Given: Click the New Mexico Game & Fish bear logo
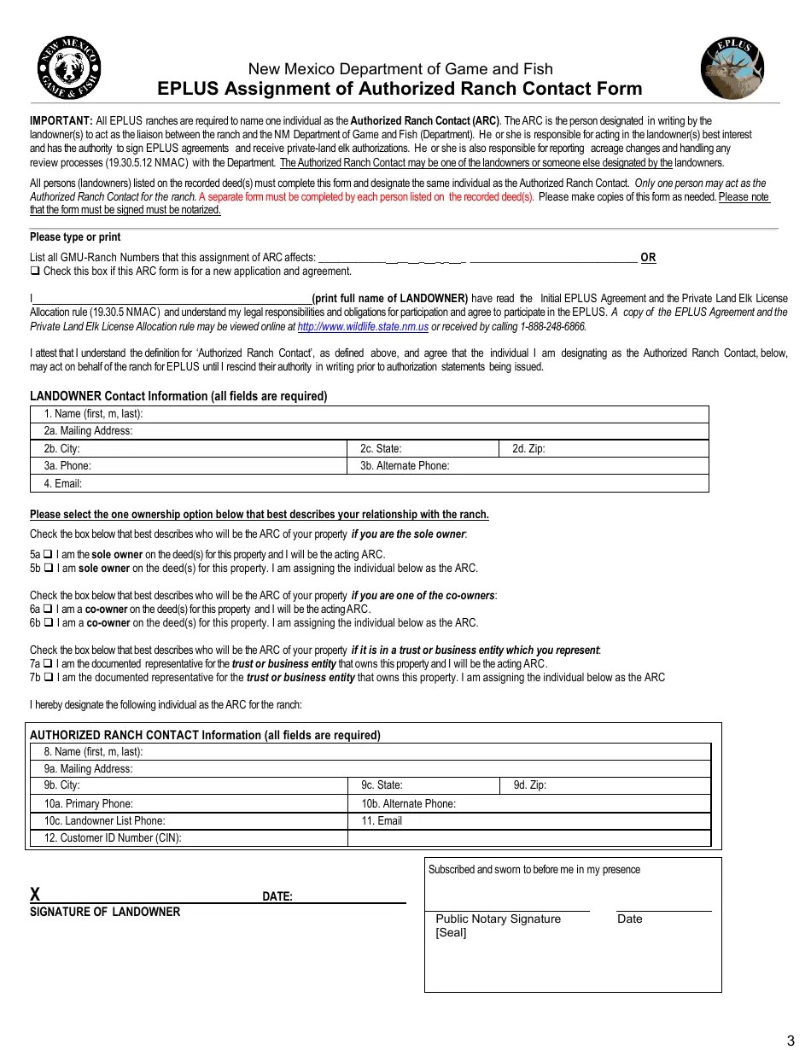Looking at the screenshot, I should [69, 69].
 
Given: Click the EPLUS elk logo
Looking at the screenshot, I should [732, 69].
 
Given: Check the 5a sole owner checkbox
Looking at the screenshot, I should [49, 554].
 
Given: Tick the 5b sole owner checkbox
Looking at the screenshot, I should [49, 568].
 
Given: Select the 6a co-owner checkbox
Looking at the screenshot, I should [49, 610].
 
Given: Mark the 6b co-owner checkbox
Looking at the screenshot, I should [49, 623].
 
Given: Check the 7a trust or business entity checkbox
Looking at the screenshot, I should [49, 664].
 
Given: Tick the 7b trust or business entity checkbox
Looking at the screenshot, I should [49, 678].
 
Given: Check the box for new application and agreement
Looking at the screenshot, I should [35, 271].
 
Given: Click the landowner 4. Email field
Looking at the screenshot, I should [393, 484].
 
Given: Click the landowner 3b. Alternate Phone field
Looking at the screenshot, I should [572, 466].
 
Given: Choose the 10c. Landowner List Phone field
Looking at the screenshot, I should [256, 821].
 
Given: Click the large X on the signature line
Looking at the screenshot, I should [35, 895].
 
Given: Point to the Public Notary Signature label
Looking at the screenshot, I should [499, 919].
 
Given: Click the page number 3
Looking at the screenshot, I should [790, 1039].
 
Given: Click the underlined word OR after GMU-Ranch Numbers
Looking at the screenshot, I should [648, 258].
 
